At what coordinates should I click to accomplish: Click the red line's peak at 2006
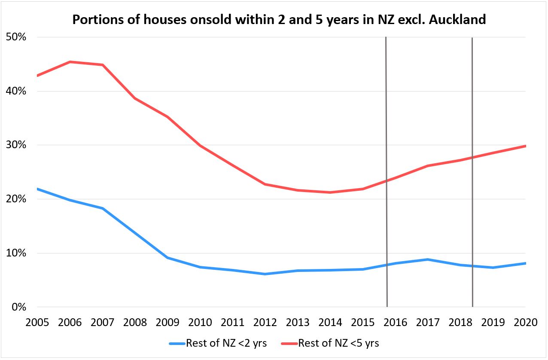coord(70,62)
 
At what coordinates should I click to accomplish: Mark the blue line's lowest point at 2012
coord(265,274)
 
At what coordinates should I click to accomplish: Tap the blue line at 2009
coord(167,258)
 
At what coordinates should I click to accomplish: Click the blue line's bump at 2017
coord(427,259)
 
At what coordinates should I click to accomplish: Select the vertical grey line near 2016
coord(387,172)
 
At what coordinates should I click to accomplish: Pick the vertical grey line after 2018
coord(472,172)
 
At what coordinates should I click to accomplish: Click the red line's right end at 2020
coord(525,146)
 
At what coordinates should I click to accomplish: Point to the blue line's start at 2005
coord(38,189)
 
